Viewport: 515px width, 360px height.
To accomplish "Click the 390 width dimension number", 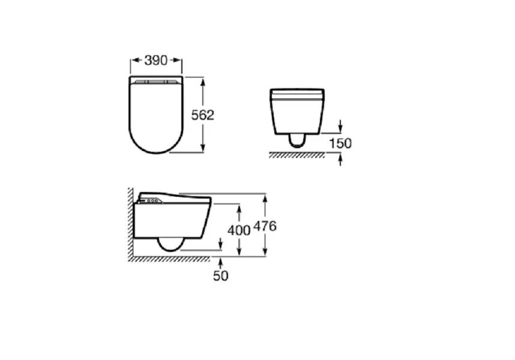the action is [156, 61].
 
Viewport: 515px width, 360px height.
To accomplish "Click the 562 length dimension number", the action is [203, 115].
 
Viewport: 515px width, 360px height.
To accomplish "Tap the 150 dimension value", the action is [340, 143].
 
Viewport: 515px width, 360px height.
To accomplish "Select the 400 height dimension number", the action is [239, 230].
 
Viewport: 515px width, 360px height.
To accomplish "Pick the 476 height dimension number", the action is [265, 226].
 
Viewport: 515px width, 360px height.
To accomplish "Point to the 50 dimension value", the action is [220, 275].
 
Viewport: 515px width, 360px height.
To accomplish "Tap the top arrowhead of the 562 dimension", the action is [203, 82].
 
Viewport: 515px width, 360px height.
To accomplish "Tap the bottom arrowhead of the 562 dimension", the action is [203, 148].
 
